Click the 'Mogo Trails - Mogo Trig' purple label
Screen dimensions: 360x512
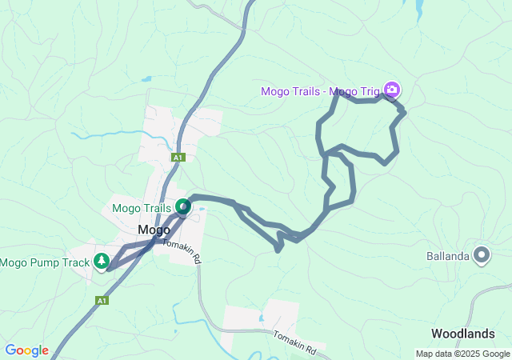click(320, 90)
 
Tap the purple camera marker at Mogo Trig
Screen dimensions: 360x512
click(391, 89)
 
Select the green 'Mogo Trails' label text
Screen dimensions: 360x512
click(142, 208)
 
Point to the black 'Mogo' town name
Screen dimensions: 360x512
click(153, 230)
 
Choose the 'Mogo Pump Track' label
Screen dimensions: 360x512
click(45, 262)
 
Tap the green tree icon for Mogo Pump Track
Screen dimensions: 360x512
click(102, 261)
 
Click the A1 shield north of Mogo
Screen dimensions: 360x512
click(178, 158)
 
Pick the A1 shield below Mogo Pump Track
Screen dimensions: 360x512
click(102, 301)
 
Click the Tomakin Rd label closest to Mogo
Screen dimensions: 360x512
click(181, 251)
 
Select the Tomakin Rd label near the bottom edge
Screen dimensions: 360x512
click(295, 343)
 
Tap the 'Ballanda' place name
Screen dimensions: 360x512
click(447, 257)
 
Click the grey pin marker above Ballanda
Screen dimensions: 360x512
click(482, 255)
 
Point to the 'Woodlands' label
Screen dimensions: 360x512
click(470, 333)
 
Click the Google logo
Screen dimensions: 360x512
click(26, 350)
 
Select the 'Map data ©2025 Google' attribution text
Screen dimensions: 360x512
click(462, 354)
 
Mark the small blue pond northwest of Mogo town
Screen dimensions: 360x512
click(146, 79)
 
